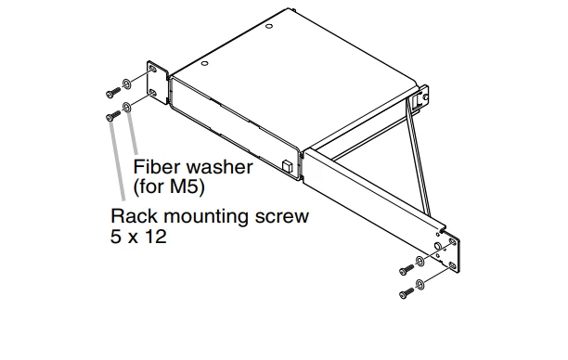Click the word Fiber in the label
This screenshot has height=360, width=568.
[158, 167]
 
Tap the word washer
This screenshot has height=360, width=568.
[219, 167]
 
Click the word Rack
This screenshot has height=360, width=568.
[135, 216]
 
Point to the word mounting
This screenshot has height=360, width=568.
[206, 217]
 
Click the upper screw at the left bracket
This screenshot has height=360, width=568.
[113, 93]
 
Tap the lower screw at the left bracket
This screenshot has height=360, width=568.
[113, 116]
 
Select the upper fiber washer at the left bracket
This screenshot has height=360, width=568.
[127, 84]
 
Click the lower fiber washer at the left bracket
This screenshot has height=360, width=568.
[127, 108]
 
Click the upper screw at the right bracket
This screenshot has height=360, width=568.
[407, 269]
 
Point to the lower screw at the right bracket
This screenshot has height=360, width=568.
[407, 292]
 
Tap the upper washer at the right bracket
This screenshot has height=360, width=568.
[420, 261]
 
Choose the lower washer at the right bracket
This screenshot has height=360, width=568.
[420, 285]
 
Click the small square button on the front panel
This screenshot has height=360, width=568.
[287, 165]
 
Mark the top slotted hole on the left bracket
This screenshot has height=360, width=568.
[153, 70]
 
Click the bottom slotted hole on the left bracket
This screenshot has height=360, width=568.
[153, 93]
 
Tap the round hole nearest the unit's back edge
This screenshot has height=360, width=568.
[269, 26]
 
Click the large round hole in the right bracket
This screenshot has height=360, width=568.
[437, 246]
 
